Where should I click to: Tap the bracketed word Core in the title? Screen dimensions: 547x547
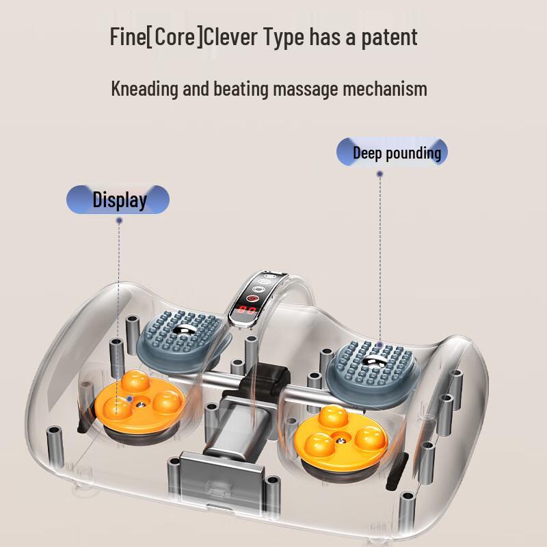pyautogui.click(x=174, y=36)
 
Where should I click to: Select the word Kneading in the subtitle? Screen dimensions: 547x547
pyautogui.click(x=144, y=89)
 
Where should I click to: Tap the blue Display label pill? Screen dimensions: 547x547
pyautogui.click(x=118, y=200)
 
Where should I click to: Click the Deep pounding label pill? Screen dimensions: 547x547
pyautogui.click(x=392, y=152)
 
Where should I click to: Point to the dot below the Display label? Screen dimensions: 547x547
pyautogui.click(x=119, y=220)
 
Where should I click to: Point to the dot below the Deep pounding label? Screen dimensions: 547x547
pyautogui.click(x=380, y=174)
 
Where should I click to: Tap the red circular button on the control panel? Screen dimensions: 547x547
pyautogui.click(x=252, y=298)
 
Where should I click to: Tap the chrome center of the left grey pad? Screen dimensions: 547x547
pyautogui.click(x=182, y=330)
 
